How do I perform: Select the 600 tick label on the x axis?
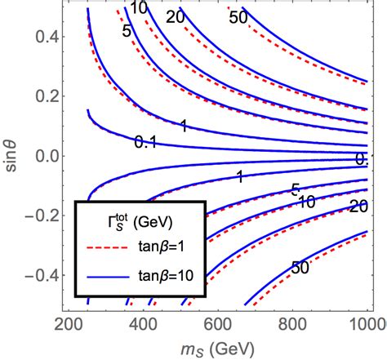(216, 325)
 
